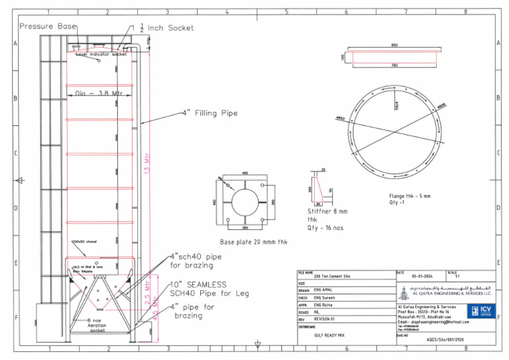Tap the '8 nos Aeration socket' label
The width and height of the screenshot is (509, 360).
pos(98,325)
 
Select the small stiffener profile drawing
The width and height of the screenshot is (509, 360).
pos(317,188)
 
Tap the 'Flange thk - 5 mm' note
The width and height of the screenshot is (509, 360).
pos(410,196)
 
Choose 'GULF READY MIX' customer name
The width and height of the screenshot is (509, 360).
pos(331,335)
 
